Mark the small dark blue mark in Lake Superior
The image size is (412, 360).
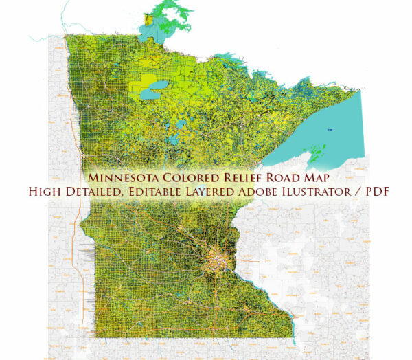coord(330,128)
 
